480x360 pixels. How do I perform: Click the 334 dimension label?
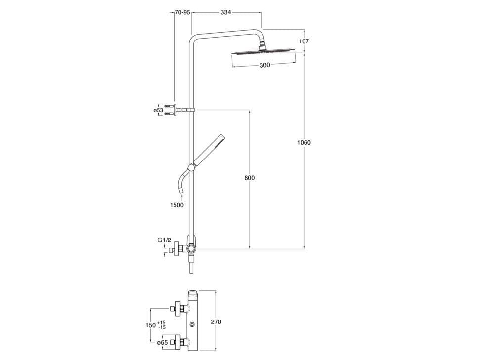pyautogui.click(x=225, y=12)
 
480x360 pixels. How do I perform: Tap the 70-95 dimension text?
pyautogui.click(x=182, y=12)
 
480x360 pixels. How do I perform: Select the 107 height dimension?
pyautogui.click(x=304, y=41)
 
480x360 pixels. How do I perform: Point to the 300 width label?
pyautogui.click(x=265, y=65)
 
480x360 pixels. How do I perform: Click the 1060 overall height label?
pyautogui.click(x=304, y=142)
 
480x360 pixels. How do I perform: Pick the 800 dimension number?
pyautogui.click(x=250, y=178)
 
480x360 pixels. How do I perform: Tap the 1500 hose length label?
pyautogui.click(x=177, y=205)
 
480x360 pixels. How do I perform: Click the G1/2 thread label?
pyautogui.click(x=165, y=240)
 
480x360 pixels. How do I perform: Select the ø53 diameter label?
pyautogui.click(x=158, y=110)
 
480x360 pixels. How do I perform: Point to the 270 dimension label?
pyautogui.click(x=216, y=322)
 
